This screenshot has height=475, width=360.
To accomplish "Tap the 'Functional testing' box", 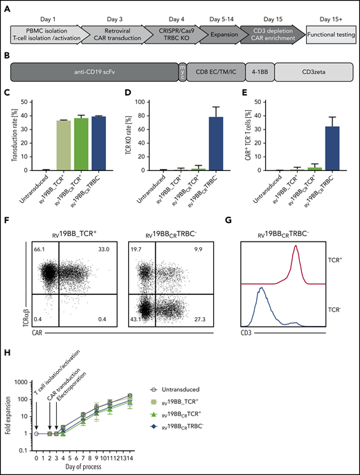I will click(x=323, y=32).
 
